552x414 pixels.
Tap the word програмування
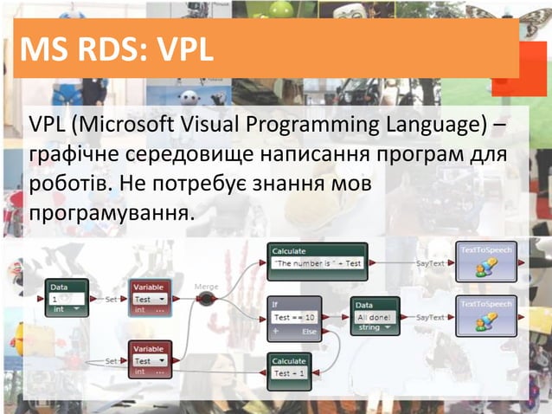click(107, 211)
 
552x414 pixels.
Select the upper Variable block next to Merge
click(151, 297)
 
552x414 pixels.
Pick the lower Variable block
click(151, 359)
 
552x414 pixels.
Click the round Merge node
click(206, 299)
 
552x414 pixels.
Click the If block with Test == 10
click(293, 317)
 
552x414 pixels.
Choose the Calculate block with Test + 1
click(293, 366)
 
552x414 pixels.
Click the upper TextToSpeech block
click(485, 261)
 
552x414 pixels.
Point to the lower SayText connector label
click(430, 318)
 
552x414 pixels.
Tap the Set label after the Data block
click(111, 299)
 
